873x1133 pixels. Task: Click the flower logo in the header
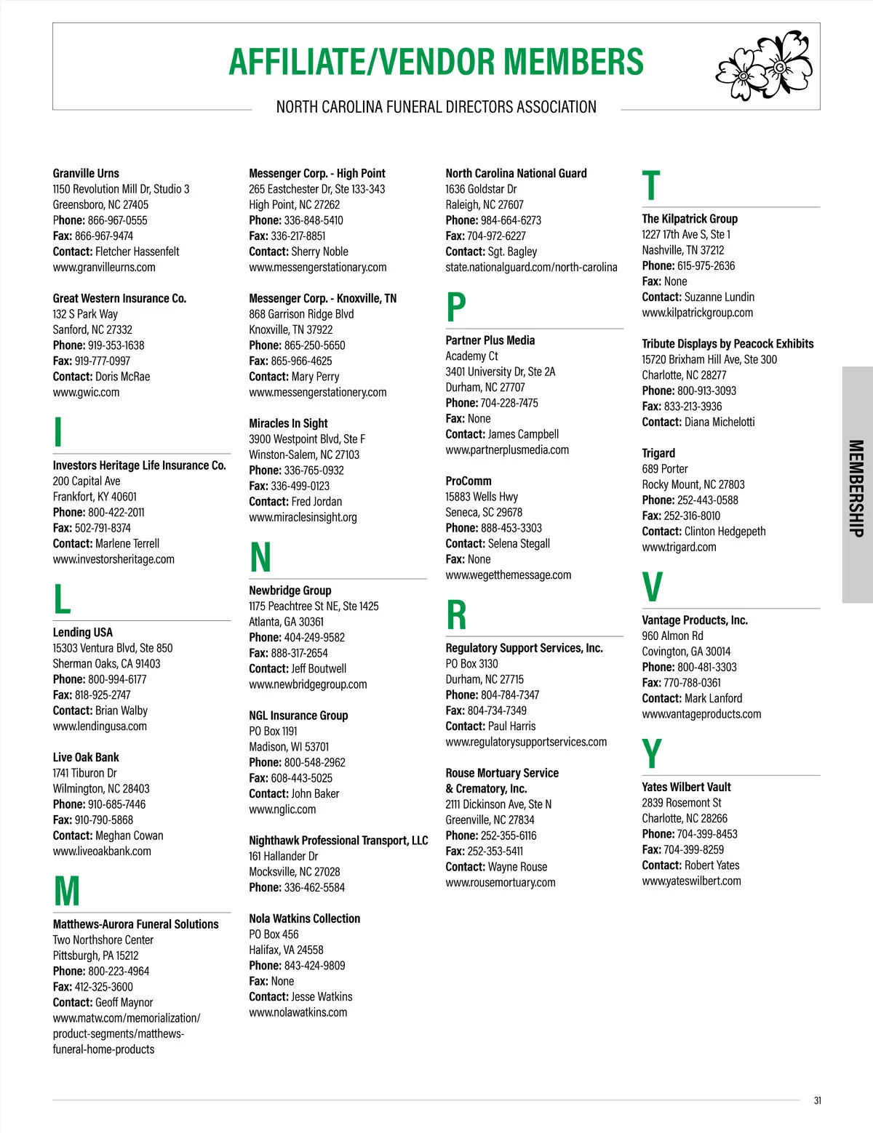[764, 65]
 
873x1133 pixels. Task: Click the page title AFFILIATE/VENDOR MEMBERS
[436, 63]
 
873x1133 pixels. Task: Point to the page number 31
[817, 1100]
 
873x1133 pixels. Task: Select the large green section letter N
[260, 558]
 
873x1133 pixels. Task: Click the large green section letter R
[456, 615]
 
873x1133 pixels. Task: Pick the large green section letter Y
[652, 754]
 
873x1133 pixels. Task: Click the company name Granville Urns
[86, 173]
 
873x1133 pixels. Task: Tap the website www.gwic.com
[86, 393]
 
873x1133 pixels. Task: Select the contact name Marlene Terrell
[127, 544]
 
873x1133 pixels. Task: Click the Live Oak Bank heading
[86, 758]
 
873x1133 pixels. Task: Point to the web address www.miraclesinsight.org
[303, 518]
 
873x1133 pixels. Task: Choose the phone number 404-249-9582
[314, 638]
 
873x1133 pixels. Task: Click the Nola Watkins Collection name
[304, 919]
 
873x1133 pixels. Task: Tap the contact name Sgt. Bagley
[512, 252]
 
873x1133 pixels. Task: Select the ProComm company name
[469, 481]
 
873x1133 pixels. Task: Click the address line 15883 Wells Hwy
[482, 497]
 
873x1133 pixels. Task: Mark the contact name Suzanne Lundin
[719, 297]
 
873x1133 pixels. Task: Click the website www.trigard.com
[679, 548]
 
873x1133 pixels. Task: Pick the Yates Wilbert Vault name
[686, 788]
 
